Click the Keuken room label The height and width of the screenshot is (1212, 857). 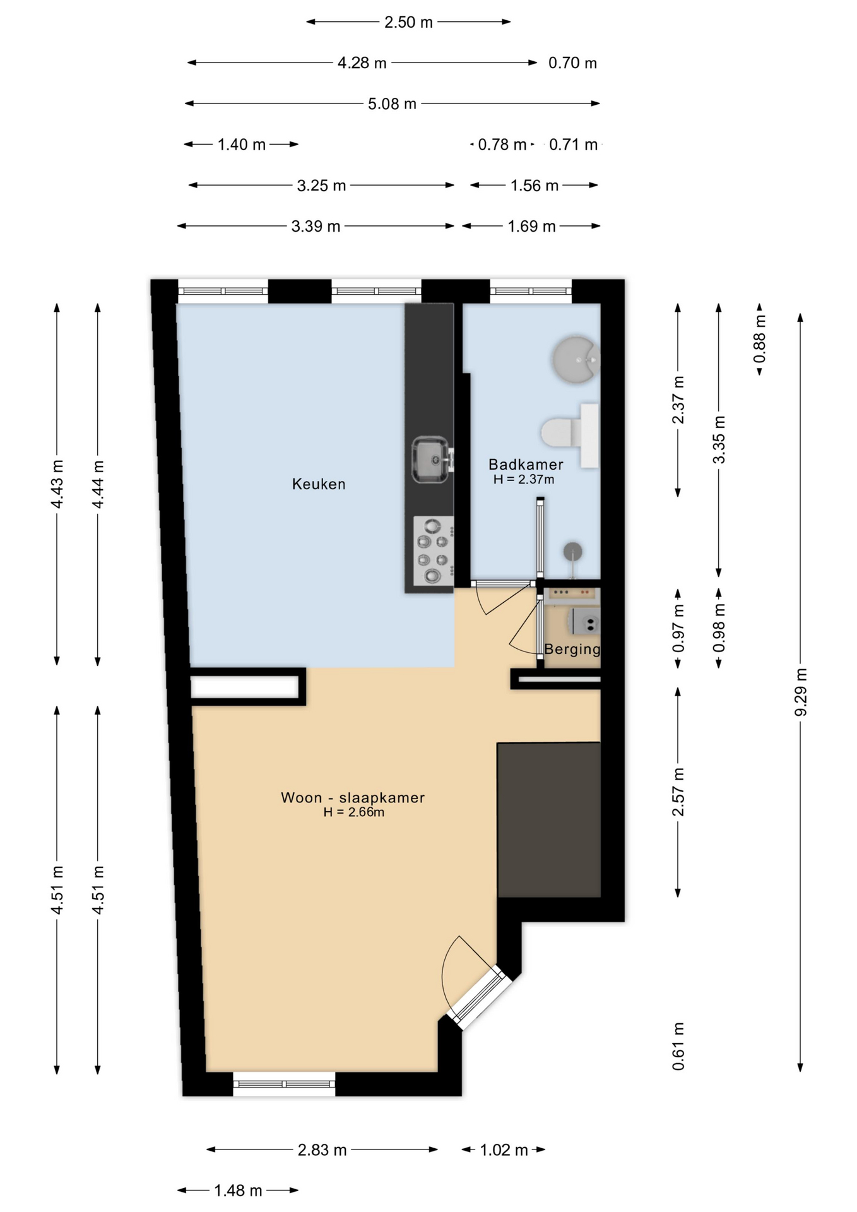pos(319,484)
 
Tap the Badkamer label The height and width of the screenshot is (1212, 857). pos(526,465)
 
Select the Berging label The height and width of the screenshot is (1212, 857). pos(572,649)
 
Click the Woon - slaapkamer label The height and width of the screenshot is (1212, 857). pos(353,797)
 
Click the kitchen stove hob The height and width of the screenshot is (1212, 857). pos(433,551)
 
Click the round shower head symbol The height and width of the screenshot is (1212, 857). pos(572,551)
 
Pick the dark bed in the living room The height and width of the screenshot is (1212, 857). pos(548,820)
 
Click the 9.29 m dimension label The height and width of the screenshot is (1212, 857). pos(800,692)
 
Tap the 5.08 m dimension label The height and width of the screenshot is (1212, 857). pos(392,104)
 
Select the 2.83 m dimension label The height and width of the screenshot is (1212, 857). pos(322,1150)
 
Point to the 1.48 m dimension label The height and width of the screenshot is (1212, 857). pos(238,1191)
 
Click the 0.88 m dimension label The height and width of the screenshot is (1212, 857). pos(760,339)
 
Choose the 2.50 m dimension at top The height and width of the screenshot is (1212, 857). pos(408,22)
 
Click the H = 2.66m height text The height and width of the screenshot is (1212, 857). pos(353,812)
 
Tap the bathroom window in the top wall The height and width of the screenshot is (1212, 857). pos(531,291)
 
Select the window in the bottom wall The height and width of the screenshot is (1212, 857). pos(284,1084)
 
